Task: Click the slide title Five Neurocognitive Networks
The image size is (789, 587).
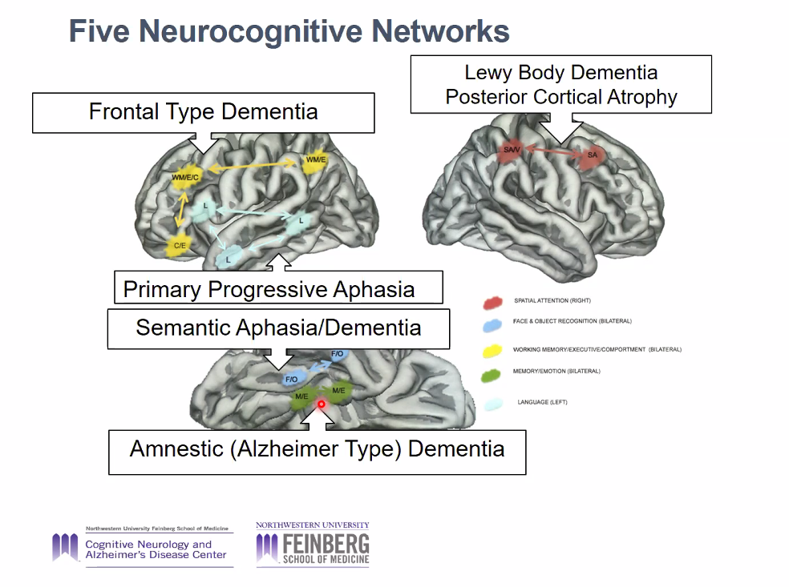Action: (289, 32)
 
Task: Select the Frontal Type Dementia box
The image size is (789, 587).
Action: (203, 112)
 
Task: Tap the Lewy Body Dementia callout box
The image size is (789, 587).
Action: (561, 84)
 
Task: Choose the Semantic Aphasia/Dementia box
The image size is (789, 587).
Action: (278, 328)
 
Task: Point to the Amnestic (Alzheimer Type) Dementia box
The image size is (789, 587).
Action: (317, 448)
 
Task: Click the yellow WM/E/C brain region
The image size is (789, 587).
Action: (184, 177)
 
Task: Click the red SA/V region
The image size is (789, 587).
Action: (511, 151)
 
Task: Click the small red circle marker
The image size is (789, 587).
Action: (321, 404)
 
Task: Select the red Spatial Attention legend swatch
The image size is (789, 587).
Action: (493, 303)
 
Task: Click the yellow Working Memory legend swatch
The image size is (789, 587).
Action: (492, 350)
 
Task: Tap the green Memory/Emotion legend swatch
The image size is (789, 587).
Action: (492, 372)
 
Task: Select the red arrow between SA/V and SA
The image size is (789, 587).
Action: (551, 150)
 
